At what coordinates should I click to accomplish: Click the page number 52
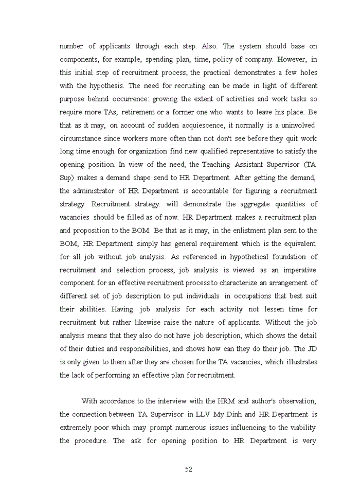(x=188, y=469)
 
